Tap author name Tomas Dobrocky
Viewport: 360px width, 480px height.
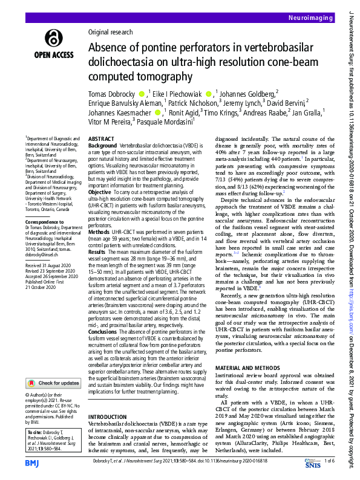[113, 94]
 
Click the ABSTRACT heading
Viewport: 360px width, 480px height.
[101, 138]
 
